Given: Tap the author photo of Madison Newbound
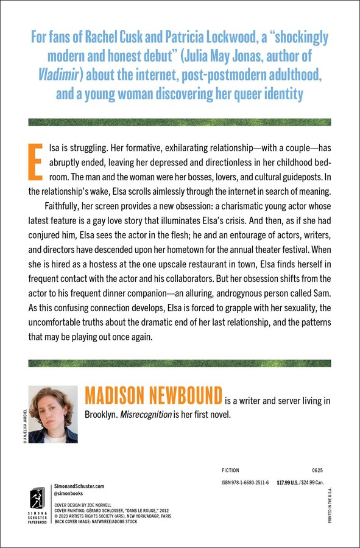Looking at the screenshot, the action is point(54,415).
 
